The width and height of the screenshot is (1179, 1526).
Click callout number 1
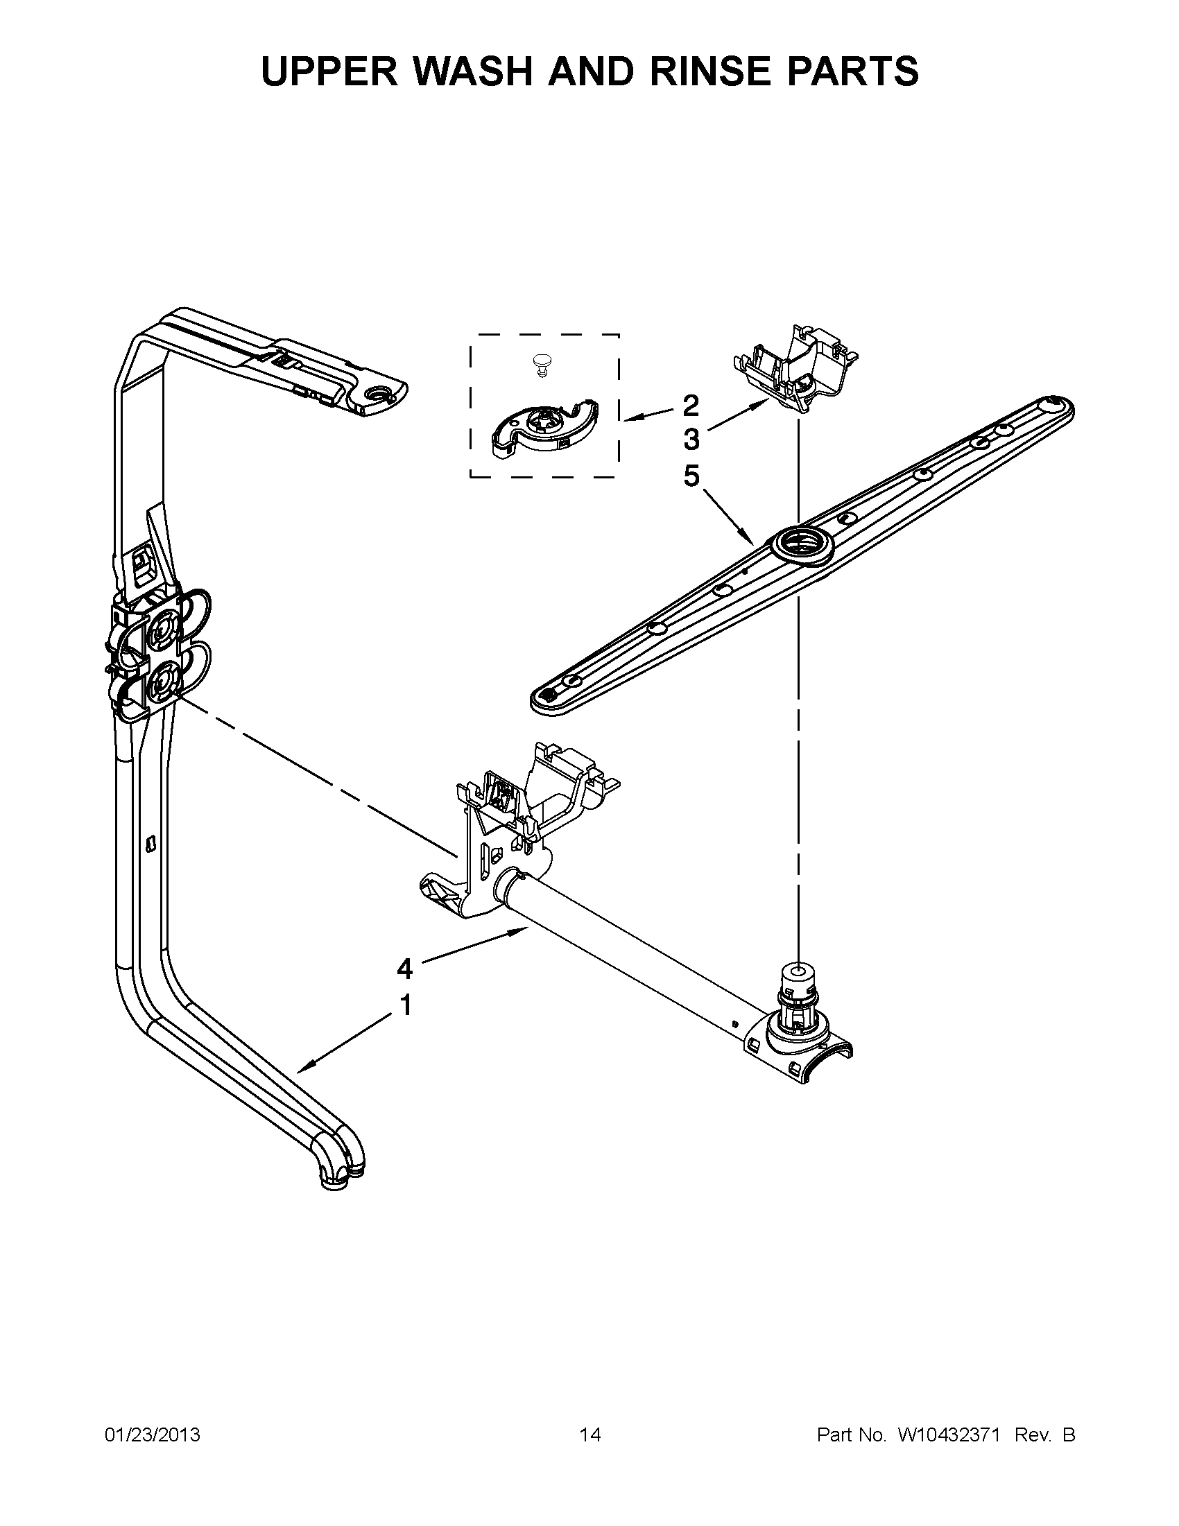pyautogui.click(x=404, y=1006)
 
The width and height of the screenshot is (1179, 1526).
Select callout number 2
pyautogui.click(x=690, y=405)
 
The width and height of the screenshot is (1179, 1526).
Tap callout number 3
pyautogui.click(x=690, y=440)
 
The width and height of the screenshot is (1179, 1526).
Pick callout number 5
pyautogui.click(x=690, y=476)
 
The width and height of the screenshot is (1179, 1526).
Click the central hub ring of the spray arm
pyautogui.click(x=800, y=544)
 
